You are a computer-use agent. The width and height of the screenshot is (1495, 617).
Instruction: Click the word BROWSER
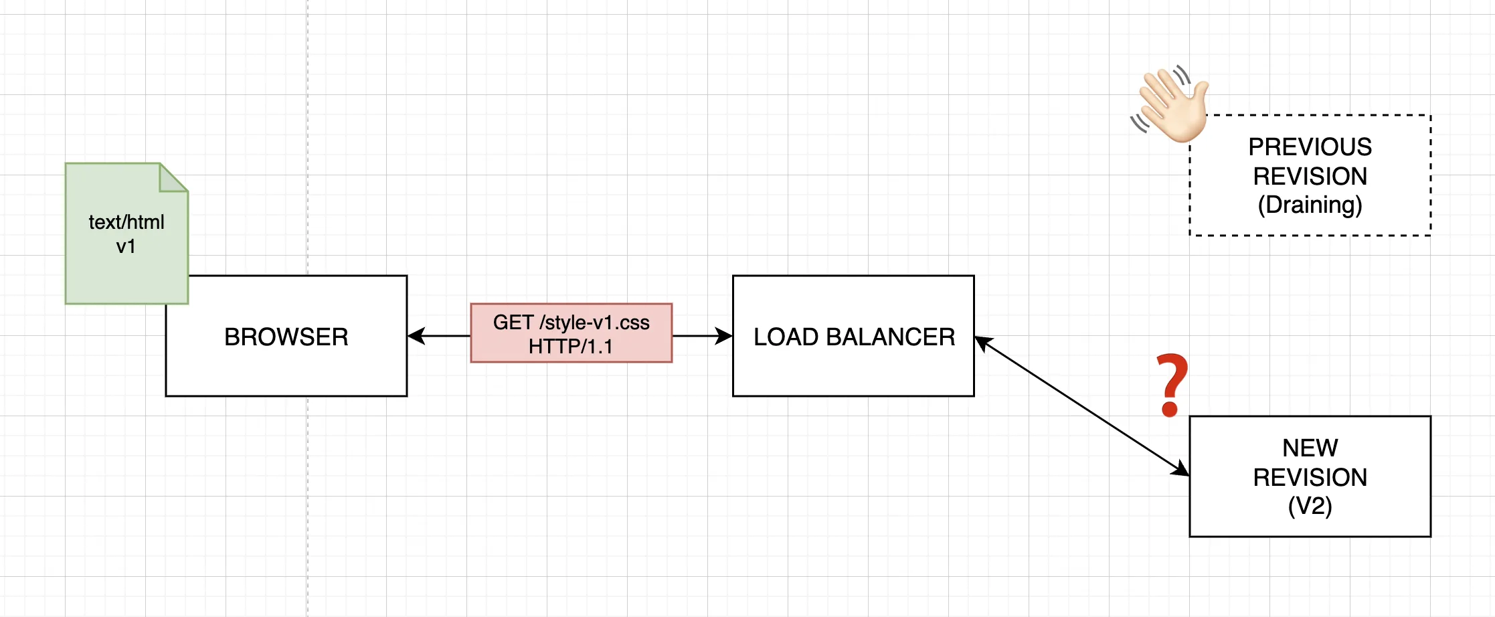(x=286, y=337)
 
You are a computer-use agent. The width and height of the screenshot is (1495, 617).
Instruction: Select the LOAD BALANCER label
(x=854, y=337)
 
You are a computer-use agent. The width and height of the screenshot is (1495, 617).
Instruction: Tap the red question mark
(x=1172, y=385)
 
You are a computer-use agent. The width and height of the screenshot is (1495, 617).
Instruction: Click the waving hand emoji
(x=1170, y=104)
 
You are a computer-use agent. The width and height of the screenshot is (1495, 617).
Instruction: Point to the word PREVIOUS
(x=1310, y=147)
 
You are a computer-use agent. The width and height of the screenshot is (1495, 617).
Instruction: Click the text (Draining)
(x=1310, y=205)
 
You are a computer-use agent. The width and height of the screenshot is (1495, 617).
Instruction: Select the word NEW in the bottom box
(x=1310, y=448)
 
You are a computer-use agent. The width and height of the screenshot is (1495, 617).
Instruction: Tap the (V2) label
(x=1310, y=506)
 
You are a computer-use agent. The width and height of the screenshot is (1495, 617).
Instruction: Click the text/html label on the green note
(x=126, y=222)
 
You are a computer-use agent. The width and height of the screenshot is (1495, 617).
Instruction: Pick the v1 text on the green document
(x=126, y=246)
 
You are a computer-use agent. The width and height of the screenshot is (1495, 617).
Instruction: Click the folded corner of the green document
(x=174, y=177)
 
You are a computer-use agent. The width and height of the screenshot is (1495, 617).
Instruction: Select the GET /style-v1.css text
(x=571, y=323)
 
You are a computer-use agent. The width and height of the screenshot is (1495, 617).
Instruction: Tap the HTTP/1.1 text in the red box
(x=571, y=347)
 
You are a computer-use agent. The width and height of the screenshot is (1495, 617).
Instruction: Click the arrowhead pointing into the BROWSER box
(x=416, y=336)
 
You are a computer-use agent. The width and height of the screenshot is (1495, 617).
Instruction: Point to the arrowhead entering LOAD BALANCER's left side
(x=724, y=336)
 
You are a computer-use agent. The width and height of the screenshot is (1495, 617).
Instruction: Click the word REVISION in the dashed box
(x=1310, y=176)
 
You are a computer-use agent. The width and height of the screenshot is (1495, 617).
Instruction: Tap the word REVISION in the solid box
(x=1310, y=477)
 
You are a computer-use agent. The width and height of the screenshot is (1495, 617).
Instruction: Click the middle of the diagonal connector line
(x=1082, y=406)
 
